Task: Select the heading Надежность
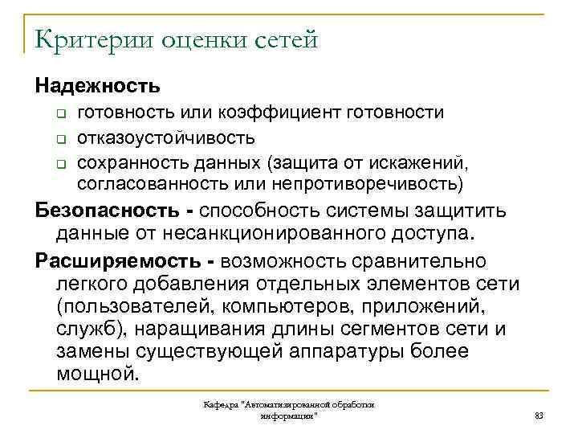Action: coord(97,84)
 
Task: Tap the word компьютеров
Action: coord(304,307)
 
